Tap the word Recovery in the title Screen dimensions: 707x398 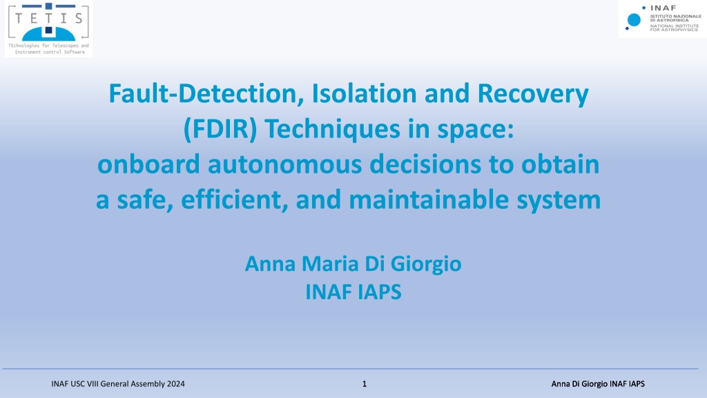coord(532,95)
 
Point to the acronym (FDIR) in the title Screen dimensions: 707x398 coord(220,129)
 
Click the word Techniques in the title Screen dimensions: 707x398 coord(332,129)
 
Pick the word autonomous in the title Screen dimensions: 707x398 coord(285,164)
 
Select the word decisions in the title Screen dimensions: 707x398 coord(425,164)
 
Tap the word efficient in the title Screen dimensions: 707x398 coord(235,200)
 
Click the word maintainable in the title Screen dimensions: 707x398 coord(429,200)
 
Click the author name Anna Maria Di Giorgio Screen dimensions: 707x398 coord(353,264)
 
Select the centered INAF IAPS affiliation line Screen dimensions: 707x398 coord(353,292)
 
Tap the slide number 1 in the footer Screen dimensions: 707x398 coord(365,384)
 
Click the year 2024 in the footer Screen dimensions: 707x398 coord(176,384)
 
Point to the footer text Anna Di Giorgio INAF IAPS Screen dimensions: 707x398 coord(598,384)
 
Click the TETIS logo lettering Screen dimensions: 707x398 coord(49,18)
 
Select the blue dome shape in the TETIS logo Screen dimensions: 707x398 coord(49,34)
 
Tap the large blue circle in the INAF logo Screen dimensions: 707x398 coord(634,20)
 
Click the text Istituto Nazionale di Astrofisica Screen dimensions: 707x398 coord(675,18)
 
